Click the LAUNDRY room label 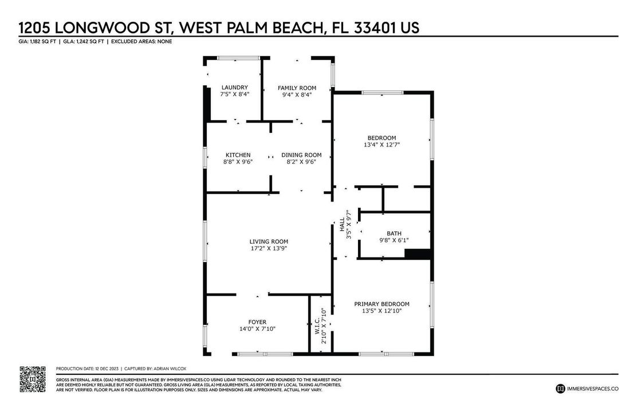tap(234, 88)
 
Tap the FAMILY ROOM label tap(297, 88)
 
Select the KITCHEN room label tap(238, 155)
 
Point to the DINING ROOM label tap(301, 155)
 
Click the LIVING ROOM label tap(268, 241)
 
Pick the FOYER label tap(257, 322)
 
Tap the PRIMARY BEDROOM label tap(382, 304)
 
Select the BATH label tap(394, 233)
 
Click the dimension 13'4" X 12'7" tap(382, 145)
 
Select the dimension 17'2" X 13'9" tap(268, 249)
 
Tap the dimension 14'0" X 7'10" tap(257, 330)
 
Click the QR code tap(33, 378)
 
